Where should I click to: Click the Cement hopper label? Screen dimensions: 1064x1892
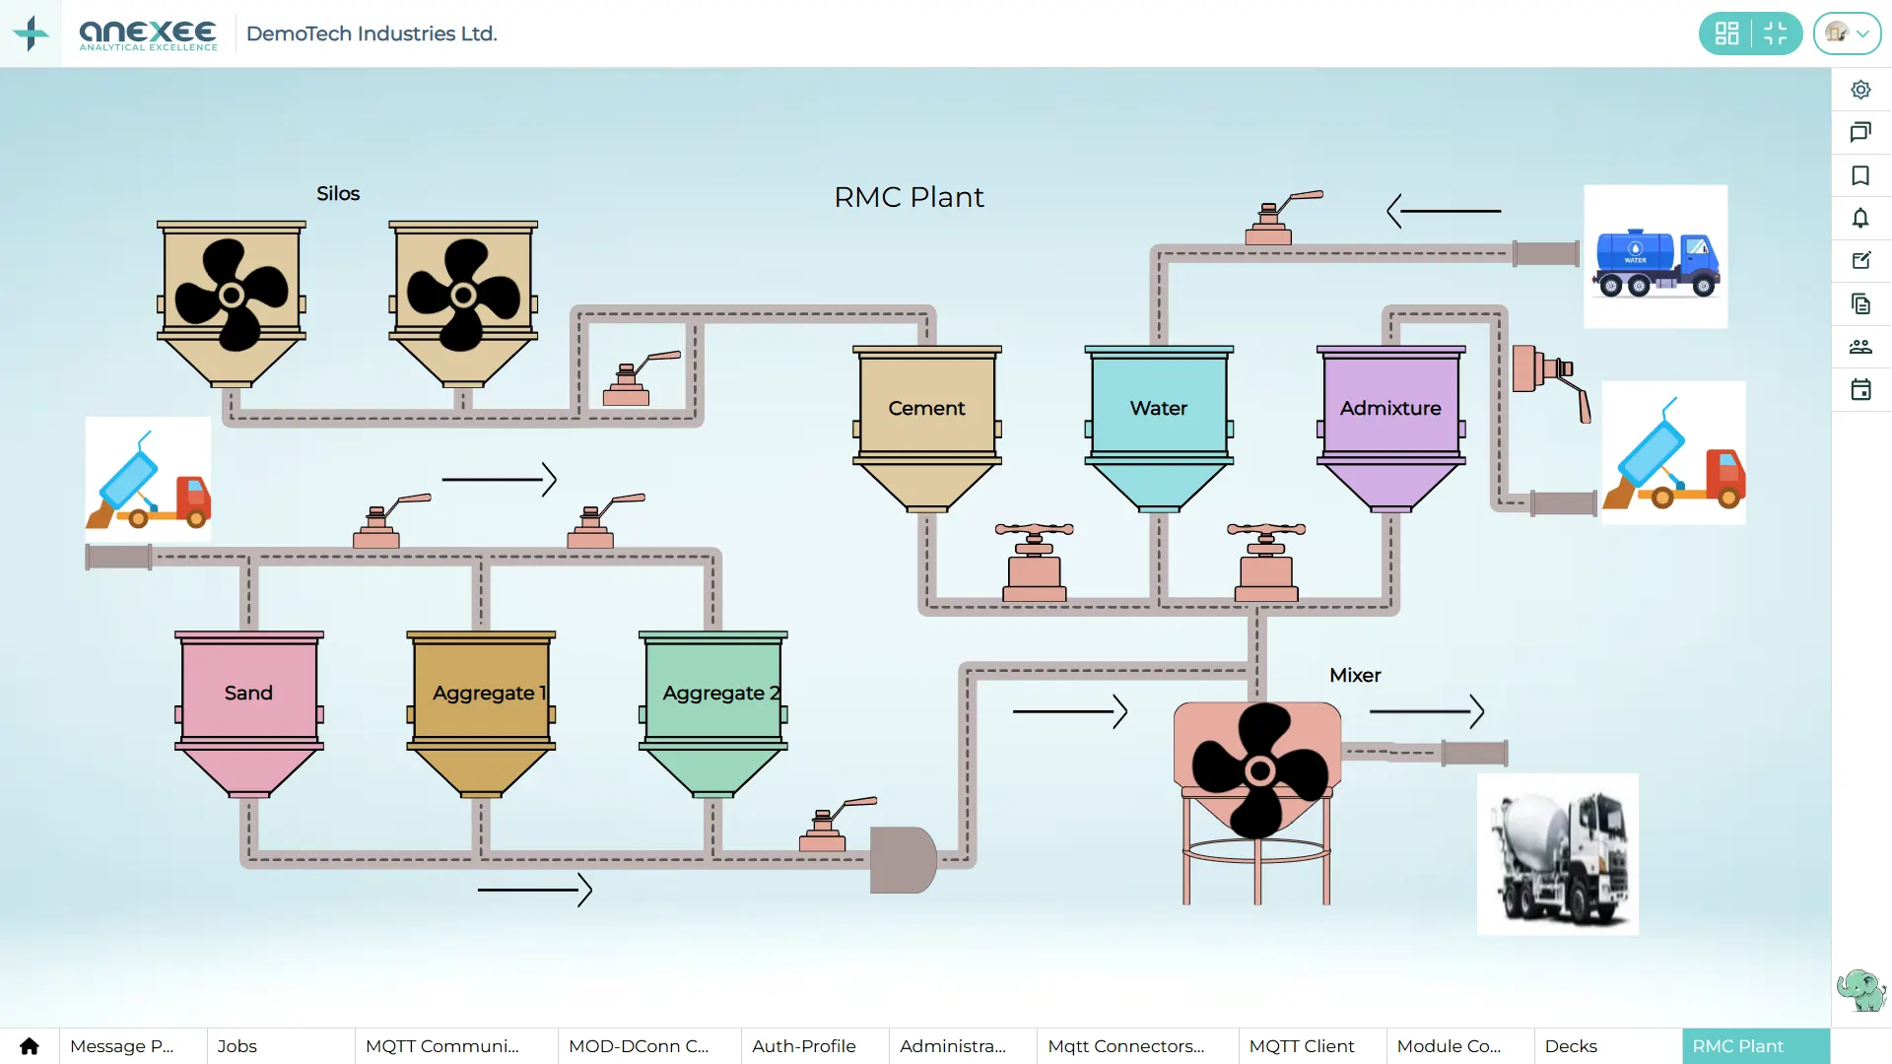click(x=926, y=408)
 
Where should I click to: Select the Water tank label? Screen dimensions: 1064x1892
click(x=1159, y=408)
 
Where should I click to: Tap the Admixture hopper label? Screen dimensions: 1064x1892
click(x=1390, y=408)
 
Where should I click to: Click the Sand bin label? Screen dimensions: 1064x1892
click(x=248, y=693)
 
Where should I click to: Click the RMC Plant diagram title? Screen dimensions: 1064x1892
click(x=909, y=197)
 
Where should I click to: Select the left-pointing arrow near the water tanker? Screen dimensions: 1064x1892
click(x=1444, y=211)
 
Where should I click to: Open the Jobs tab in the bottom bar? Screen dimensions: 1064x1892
click(x=237, y=1046)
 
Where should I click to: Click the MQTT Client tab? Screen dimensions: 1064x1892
click(x=1302, y=1046)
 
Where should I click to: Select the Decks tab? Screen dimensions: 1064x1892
click(x=1571, y=1046)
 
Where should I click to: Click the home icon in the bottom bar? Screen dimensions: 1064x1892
click(x=30, y=1046)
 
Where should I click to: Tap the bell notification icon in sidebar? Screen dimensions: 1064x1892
click(x=1860, y=219)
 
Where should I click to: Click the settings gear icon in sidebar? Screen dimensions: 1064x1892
click(x=1860, y=90)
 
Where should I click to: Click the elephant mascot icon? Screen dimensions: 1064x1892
click(x=1860, y=989)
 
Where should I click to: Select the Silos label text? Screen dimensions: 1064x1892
click(x=338, y=194)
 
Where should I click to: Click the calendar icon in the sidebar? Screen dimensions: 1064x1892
click(x=1860, y=390)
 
